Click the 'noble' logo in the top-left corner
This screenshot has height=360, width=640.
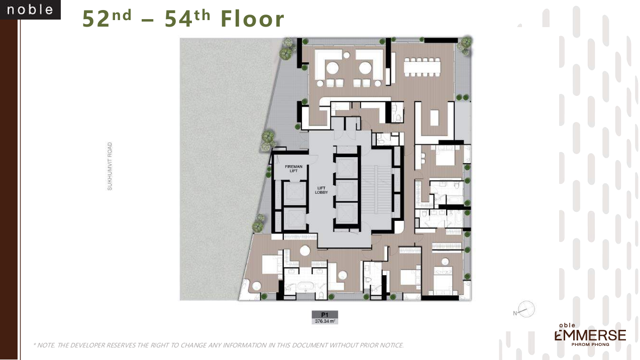coord(30,10)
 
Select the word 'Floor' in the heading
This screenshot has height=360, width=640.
coord(252,19)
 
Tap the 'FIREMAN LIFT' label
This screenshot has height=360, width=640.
coord(293,169)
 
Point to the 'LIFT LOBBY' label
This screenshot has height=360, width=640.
coord(322,190)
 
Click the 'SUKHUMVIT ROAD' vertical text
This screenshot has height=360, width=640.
coord(110,166)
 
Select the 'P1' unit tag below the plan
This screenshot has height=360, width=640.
coord(325,314)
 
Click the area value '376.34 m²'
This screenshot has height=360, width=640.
coord(325,321)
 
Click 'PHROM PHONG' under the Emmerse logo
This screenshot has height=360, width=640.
coord(590,344)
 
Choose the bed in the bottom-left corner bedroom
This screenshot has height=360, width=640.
coord(270,265)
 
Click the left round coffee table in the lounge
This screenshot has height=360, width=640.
coord(333,68)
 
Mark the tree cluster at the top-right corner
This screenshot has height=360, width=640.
coord(465,44)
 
